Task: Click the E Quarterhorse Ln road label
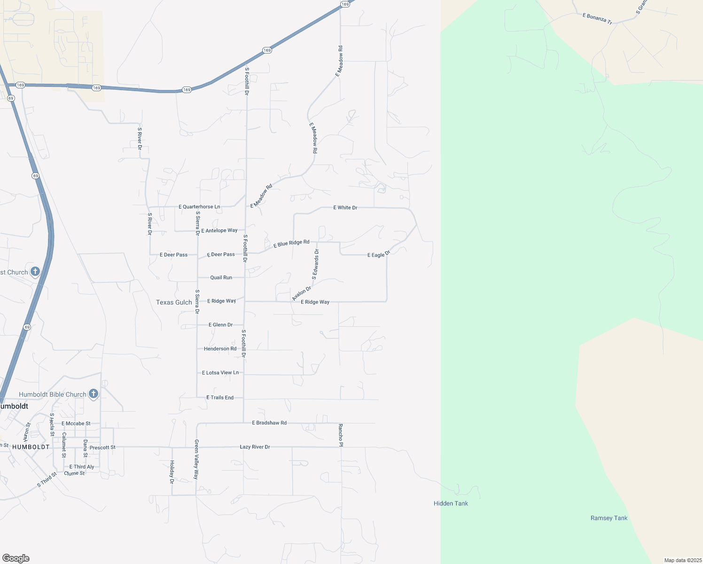coord(199,207)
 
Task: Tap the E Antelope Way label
coord(219,231)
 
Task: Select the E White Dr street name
coord(345,208)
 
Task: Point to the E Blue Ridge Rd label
coord(291,243)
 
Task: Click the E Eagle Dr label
coord(379,255)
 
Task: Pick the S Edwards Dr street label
coord(315,265)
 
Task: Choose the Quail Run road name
coord(221,278)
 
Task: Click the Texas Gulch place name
coord(174,303)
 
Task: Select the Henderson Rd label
coord(220,349)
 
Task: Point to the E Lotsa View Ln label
coord(220,373)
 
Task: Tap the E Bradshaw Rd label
coord(269,423)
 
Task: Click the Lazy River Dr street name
coord(255,447)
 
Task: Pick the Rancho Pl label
coord(341,435)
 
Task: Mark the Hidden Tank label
coord(451,503)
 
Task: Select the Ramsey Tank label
coord(609,518)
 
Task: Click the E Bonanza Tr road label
coord(597,19)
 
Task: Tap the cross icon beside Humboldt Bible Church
coord(94,394)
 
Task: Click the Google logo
coord(16,558)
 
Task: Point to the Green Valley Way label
coord(196,459)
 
